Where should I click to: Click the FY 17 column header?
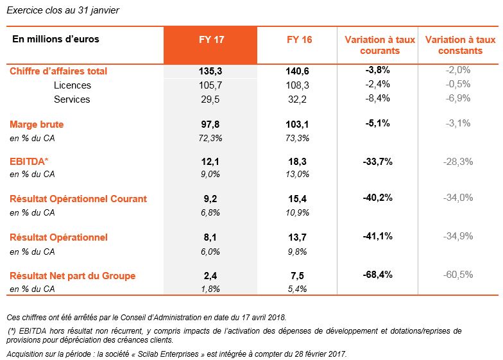point(212,40)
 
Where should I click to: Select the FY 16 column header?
point(299,40)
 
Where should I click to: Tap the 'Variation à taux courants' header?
point(380,45)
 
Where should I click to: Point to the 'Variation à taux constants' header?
point(461,45)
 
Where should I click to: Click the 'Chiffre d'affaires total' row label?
point(58,71)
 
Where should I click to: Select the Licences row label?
point(72,85)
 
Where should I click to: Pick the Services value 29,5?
point(210,99)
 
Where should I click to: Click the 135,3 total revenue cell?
point(210,71)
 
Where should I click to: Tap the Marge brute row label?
point(37,124)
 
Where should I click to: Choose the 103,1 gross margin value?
point(298,124)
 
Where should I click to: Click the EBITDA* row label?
point(29,162)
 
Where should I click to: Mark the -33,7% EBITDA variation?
point(377,162)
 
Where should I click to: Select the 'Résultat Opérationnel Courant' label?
point(78,199)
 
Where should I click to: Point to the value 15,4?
point(298,199)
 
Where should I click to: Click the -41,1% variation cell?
point(377,236)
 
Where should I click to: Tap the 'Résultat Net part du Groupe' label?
point(72,276)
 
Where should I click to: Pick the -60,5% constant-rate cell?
point(458,275)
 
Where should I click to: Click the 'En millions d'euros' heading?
point(56,39)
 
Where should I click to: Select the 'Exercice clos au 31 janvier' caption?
point(63,10)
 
